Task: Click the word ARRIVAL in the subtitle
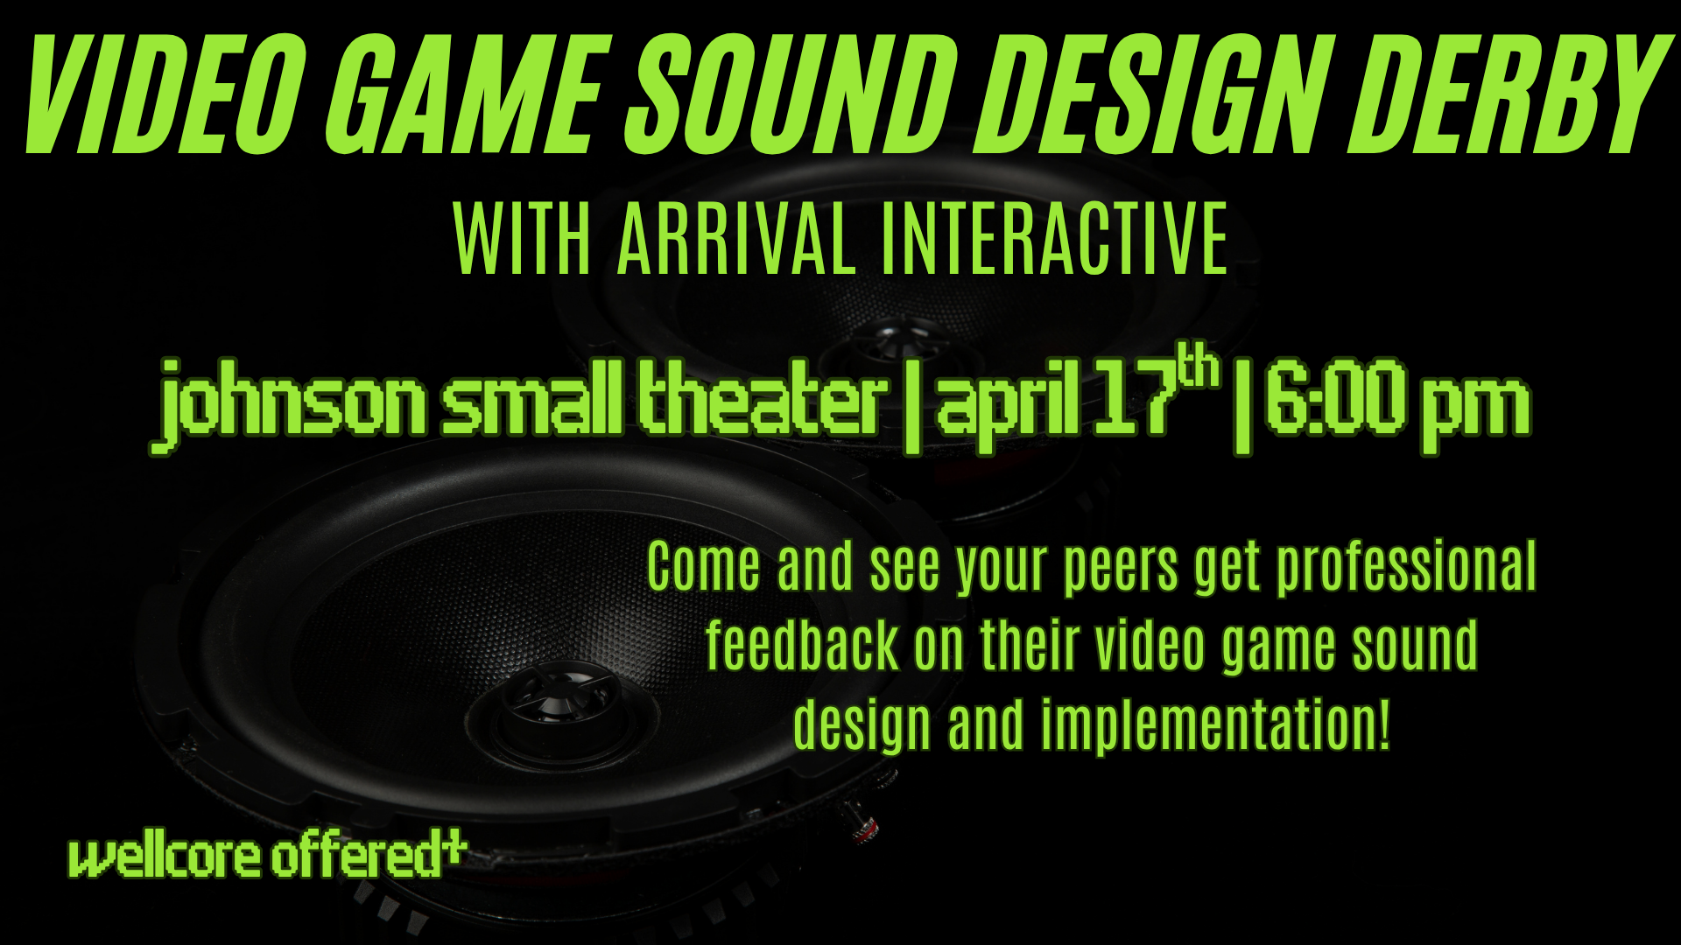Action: tap(736, 238)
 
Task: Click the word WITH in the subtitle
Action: tap(523, 238)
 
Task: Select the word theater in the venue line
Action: tap(760, 401)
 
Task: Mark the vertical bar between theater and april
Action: tap(911, 408)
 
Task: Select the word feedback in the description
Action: tap(803, 646)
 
